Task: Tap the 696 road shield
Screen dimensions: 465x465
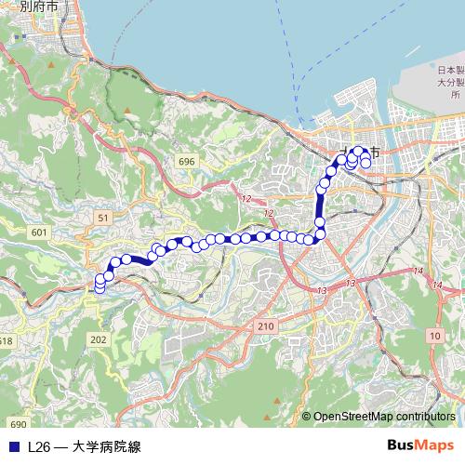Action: [x=188, y=161]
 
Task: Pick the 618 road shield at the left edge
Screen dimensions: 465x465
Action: [x=6, y=341]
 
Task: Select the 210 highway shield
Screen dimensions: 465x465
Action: [x=265, y=325]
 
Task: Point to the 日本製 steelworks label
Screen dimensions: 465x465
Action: [x=451, y=71]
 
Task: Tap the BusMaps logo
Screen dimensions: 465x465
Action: [x=421, y=445]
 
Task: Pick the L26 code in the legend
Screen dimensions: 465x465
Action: [x=39, y=446]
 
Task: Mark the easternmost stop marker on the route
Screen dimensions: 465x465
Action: [x=366, y=164]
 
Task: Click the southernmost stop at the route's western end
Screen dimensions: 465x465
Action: [x=100, y=287]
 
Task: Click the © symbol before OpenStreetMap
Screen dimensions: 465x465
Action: [x=306, y=417]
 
